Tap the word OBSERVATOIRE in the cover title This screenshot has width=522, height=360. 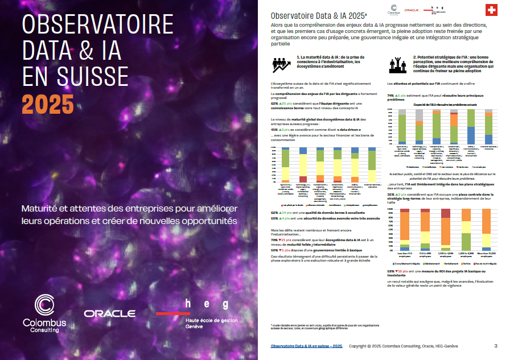pyautogui.click(x=97, y=26)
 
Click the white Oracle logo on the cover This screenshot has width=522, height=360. pyautogui.click(x=109, y=313)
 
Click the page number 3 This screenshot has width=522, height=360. pyautogui.click(x=496, y=346)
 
